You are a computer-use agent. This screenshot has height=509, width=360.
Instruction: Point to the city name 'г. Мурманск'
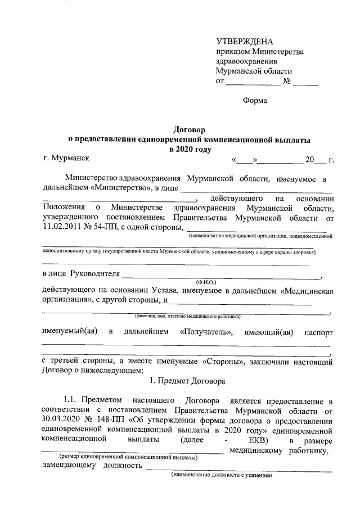(x=66, y=159)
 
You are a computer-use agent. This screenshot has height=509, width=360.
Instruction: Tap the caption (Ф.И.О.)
(x=205, y=280)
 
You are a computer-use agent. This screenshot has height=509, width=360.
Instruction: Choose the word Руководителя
(x=94, y=274)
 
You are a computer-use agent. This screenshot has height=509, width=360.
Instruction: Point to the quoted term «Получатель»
(x=206, y=332)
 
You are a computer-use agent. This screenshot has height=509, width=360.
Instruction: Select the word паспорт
(x=319, y=332)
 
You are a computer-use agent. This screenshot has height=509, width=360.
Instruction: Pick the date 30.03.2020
(x=64, y=420)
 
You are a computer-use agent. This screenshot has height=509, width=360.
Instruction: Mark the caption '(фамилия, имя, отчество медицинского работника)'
(x=187, y=317)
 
